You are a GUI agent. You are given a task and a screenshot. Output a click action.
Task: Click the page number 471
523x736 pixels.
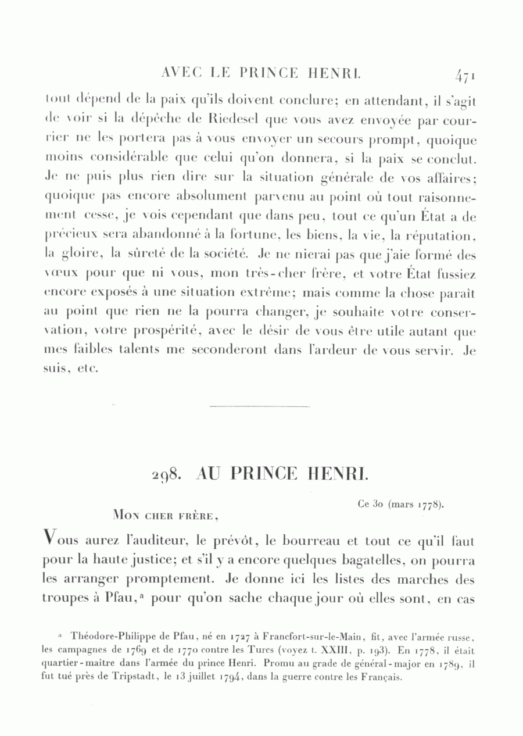click(x=466, y=75)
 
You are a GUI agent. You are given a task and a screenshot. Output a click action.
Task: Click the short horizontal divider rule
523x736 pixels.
click(x=259, y=406)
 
